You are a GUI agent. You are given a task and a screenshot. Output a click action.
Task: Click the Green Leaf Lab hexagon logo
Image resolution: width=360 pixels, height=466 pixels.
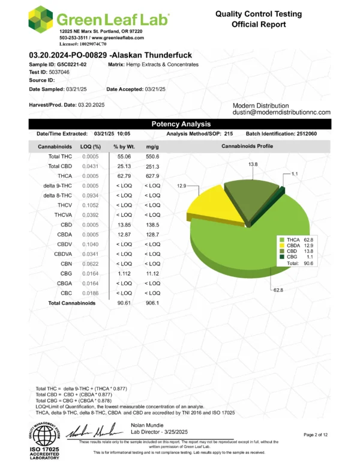(41, 20)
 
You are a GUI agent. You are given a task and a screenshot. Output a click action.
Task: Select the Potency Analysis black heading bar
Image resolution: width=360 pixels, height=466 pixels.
(179, 124)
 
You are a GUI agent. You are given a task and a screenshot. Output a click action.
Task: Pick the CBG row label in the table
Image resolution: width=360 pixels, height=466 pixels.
(65, 273)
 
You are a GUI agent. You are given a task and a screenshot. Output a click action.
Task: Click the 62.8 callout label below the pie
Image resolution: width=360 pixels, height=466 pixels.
(278, 290)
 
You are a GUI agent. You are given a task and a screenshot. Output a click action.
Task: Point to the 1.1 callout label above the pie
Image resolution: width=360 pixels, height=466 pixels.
(295, 174)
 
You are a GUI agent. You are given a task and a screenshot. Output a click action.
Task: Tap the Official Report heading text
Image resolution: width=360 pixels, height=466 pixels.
(259, 25)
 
